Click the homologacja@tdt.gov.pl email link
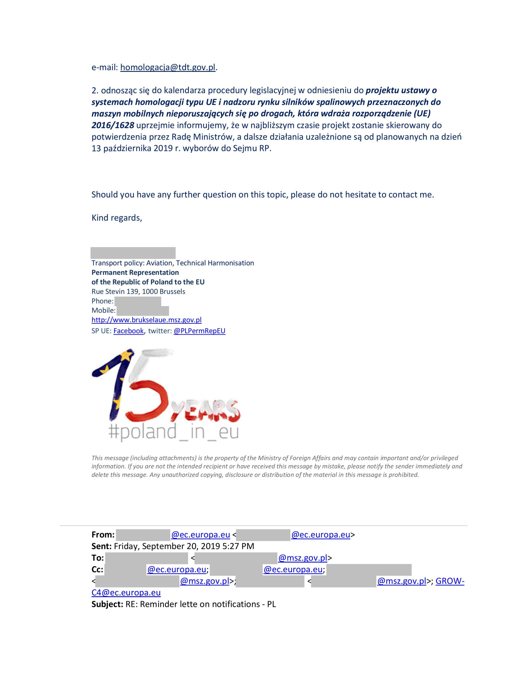[x=168, y=67]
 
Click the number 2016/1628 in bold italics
[x=113, y=125]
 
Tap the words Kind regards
[x=116, y=218]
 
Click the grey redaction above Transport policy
[x=133, y=253]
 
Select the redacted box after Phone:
[x=138, y=301]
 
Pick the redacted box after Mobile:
[x=143, y=311]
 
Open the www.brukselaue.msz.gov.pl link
[x=147, y=320]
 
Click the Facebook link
[x=128, y=331]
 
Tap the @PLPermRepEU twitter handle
[x=199, y=331]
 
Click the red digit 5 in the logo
[x=147, y=403]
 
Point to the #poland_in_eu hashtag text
[x=173, y=432]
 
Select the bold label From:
[x=103, y=535]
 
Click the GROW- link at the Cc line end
[x=450, y=581]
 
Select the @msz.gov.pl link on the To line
[x=303, y=558]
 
